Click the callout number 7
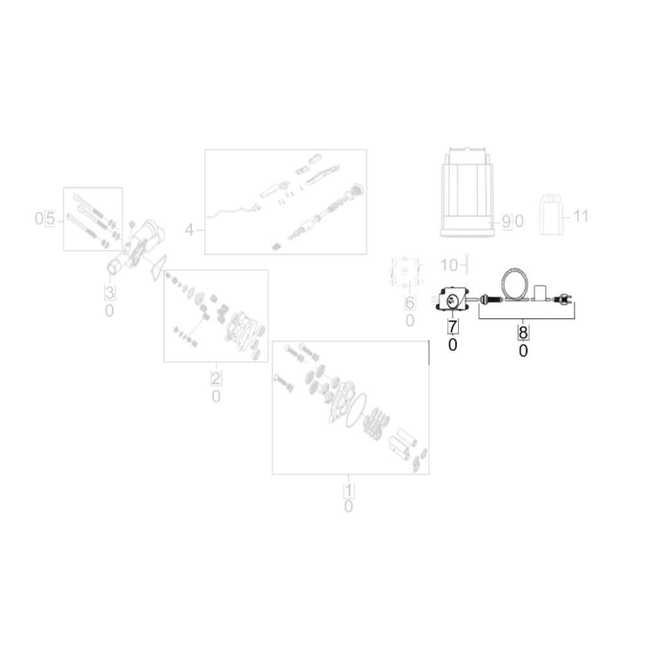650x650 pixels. (x=452, y=326)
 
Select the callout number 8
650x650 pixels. (x=523, y=332)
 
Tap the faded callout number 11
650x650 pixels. (x=580, y=216)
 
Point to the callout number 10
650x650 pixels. (x=448, y=265)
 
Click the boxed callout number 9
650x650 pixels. (x=506, y=222)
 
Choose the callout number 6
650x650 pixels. (x=409, y=303)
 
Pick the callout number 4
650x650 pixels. (x=189, y=229)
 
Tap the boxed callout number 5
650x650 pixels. (x=50, y=218)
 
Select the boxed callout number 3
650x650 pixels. (x=109, y=292)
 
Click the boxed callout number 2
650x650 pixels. (x=216, y=378)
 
